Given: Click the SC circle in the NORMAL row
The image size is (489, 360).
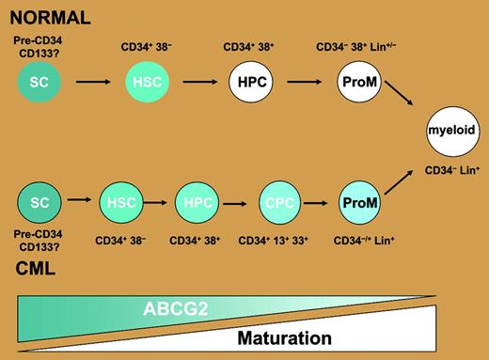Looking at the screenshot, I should click(x=39, y=84).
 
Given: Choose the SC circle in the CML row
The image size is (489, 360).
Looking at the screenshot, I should click(x=39, y=203).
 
